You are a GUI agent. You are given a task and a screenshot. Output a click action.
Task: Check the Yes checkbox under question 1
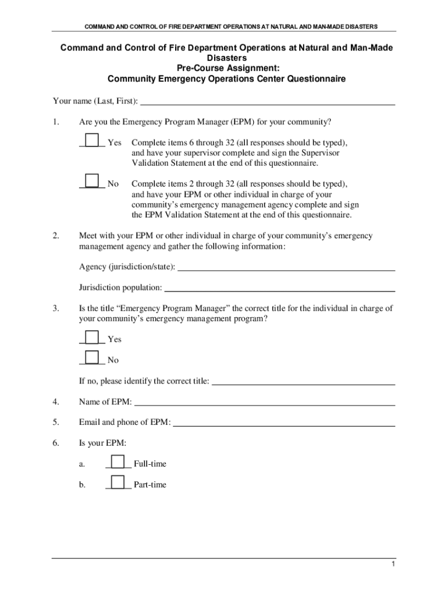(x=91, y=141)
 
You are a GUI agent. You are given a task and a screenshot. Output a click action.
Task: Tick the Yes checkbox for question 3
(x=91, y=338)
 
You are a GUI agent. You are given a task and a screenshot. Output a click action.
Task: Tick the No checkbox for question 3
(x=91, y=358)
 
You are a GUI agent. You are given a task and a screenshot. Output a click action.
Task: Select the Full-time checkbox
(x=118, y=462)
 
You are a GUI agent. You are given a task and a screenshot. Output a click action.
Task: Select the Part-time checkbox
(x=118, y=482)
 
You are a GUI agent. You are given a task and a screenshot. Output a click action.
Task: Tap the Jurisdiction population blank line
(x=280, y=288)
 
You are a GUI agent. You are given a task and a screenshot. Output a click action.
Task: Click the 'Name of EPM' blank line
(x=265, y=402)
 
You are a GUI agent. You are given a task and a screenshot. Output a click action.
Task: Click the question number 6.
(x=55, y=443)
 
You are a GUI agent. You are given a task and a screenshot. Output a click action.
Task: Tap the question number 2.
(x=55, y=236)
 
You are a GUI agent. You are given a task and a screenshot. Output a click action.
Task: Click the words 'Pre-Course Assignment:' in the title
(x=226, y=68)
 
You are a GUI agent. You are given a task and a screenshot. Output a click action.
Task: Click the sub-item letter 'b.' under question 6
(x=83, y=485)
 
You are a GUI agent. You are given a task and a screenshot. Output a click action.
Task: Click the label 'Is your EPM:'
(x=102, y=443)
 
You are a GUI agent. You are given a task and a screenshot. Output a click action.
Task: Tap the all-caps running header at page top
(x=231, y=26)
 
